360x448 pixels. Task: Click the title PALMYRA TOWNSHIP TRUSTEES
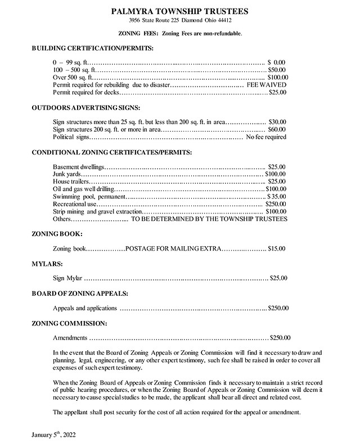click(x=180, y=10)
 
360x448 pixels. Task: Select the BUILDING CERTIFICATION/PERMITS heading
click(x=92, y=48)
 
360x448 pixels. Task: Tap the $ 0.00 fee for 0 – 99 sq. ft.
click(x=277, y=61)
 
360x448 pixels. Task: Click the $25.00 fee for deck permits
click(x=278, y=92)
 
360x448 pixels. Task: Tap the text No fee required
click(x=266, y=137)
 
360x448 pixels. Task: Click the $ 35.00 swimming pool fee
click(x=277, y=197)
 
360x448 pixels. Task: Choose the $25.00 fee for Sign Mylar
click(x=279, y=278)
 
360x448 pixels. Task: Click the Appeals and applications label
click(x=85, y=308)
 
